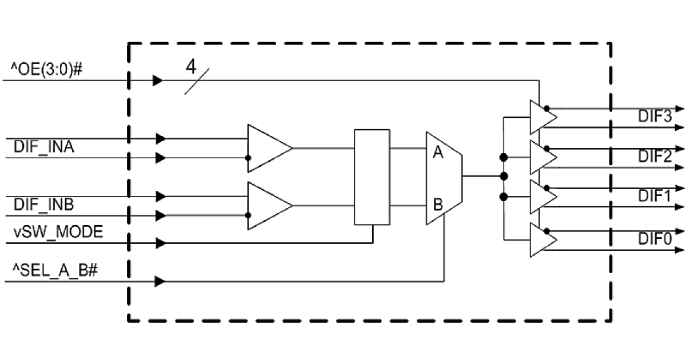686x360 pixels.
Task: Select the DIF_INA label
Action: tap(45, 148)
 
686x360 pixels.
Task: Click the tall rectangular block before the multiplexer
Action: tap(372, 177)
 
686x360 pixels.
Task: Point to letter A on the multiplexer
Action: tap(438, 154)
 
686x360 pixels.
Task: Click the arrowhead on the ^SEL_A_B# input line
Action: tap(160, 281)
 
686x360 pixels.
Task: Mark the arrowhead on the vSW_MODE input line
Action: tap(160, 243)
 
